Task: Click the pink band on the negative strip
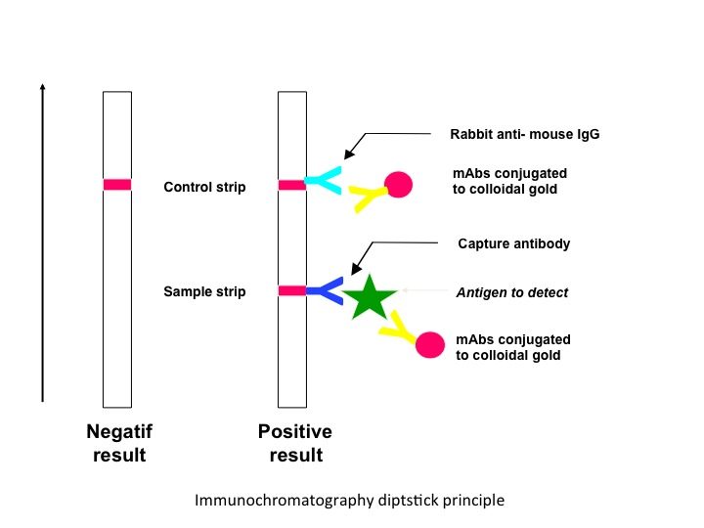[116, 184]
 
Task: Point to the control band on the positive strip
[291, 184]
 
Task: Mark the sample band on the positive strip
[291, 290]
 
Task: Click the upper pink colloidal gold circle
[398, 185]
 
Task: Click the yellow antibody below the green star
[399, 330]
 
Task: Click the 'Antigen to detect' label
[512, 292]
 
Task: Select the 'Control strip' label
[204, 187]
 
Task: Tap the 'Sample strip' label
[204, 291]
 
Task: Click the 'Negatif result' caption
[119, 443]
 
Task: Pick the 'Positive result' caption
[294, 443]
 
